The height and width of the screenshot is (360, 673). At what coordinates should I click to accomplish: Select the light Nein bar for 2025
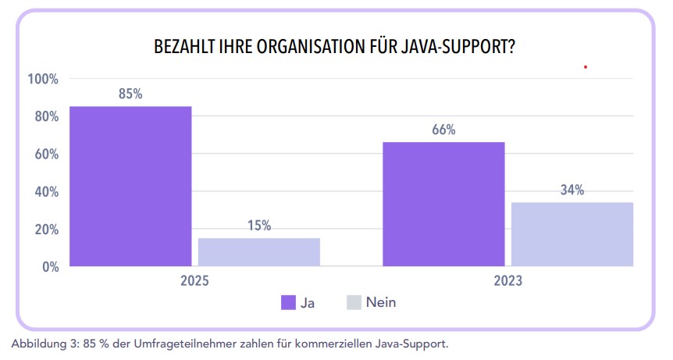(259, 251)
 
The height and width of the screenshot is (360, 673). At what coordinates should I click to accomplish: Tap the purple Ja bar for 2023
(443, 204)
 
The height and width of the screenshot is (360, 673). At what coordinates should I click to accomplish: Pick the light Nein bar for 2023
(572, 234)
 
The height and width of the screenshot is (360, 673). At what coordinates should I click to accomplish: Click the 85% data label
(130, 94)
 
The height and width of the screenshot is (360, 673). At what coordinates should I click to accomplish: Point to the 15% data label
(259, 226)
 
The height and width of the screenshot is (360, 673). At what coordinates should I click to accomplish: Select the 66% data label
(443, 130)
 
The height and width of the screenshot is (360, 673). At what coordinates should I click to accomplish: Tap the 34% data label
(572, 190)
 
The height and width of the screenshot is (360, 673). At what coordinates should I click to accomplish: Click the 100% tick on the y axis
(43, 79)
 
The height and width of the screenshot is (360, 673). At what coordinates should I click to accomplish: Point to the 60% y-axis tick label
(45, 154)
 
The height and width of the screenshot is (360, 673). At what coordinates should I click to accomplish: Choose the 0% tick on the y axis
(48, 267)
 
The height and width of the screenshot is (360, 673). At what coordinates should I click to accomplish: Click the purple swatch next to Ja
(287, 302)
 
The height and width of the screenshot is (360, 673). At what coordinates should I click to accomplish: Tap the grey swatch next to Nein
(353, 302)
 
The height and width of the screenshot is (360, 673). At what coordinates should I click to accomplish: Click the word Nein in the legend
(382, 302)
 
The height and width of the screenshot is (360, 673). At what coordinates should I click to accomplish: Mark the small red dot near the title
(585, 67)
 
